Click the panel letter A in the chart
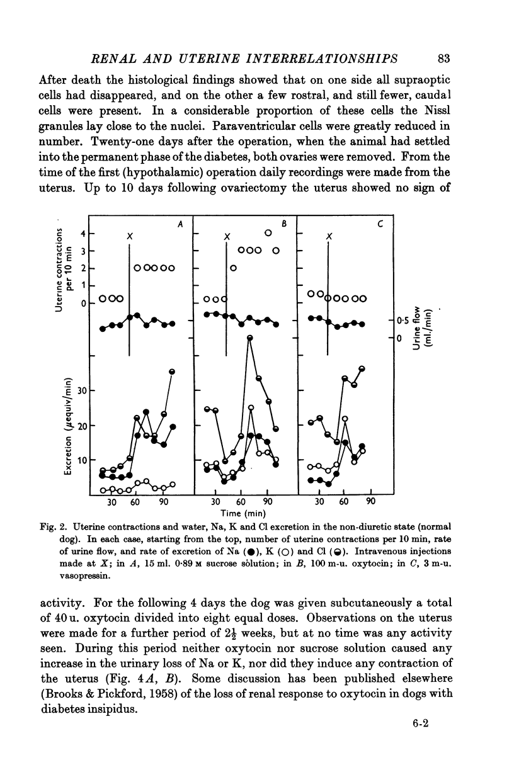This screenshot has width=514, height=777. (180, 224)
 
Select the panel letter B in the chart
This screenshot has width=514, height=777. (284, 224)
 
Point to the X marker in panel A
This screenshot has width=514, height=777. (128, 235)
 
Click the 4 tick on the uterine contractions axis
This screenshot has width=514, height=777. (84, 234)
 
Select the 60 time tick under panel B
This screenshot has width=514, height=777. (240, 502)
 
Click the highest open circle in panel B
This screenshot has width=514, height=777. (268, 234)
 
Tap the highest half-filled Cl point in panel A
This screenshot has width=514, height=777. (172, 372)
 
